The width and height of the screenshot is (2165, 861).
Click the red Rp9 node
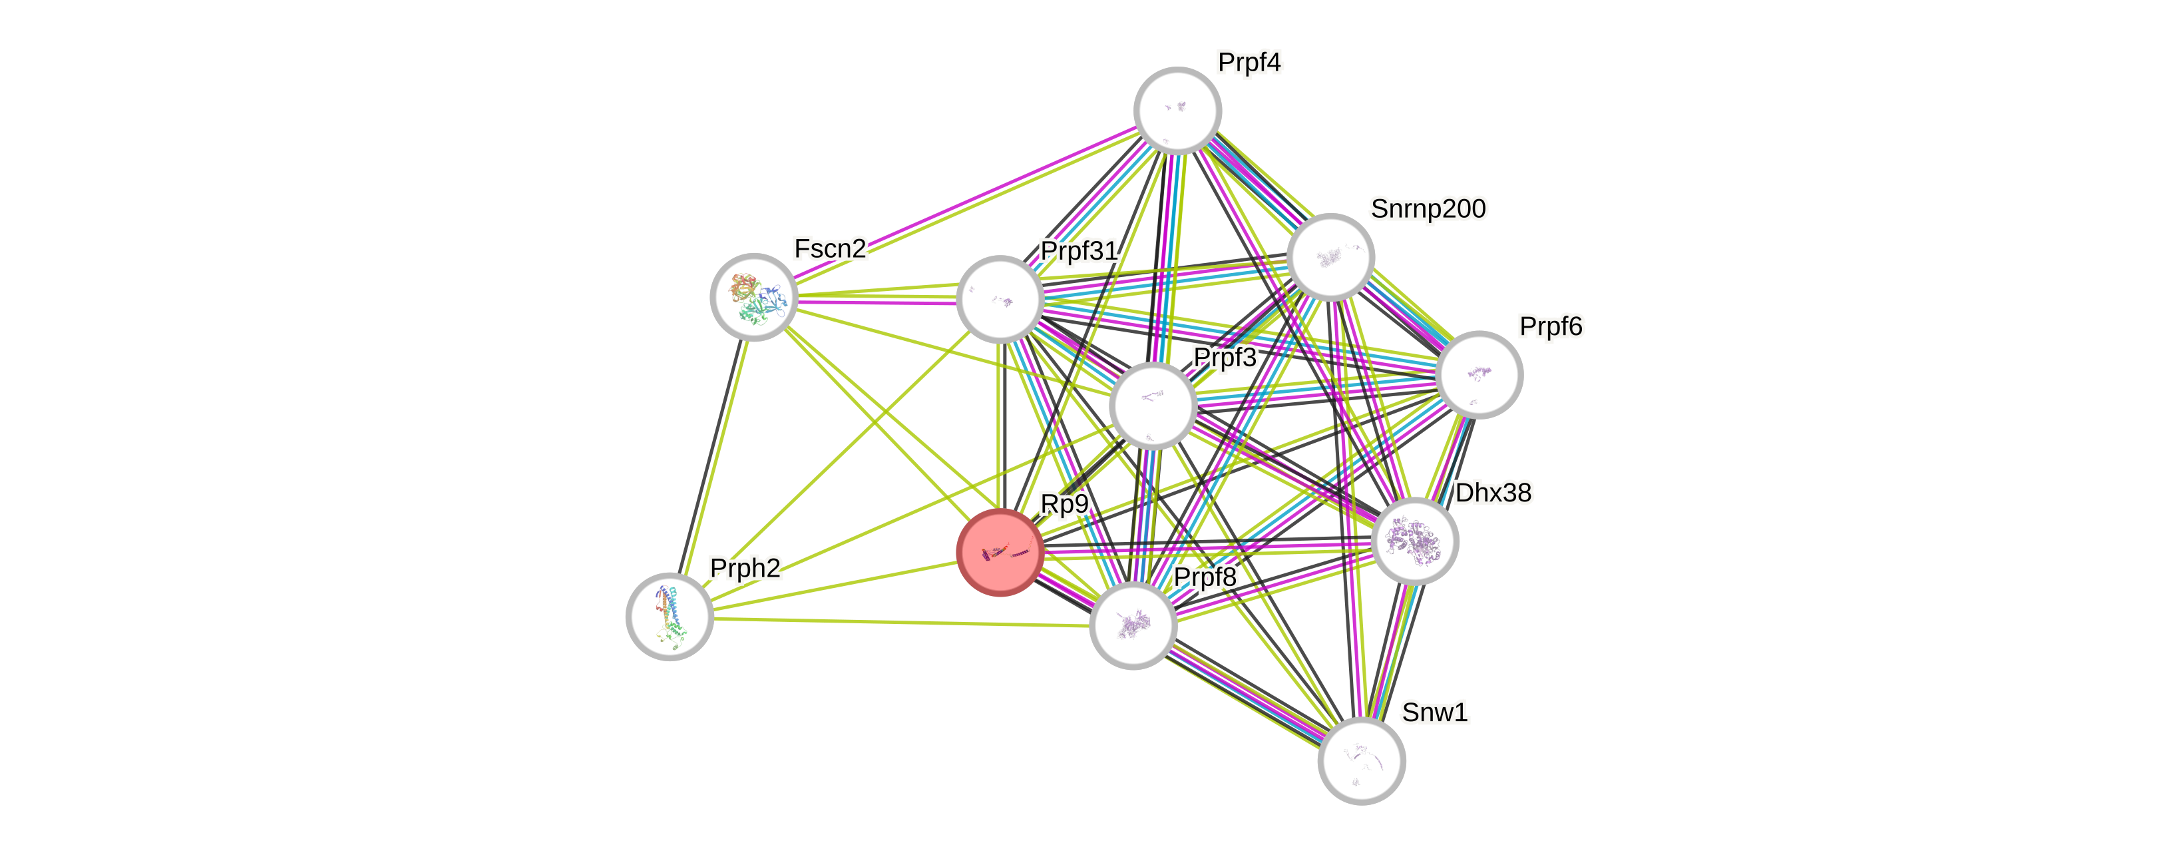(x=1000, y=553)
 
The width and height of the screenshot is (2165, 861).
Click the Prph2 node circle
(x=670, y=617)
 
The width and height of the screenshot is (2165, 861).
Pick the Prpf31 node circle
(x=1000, y=300)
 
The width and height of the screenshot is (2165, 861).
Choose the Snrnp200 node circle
(x=1330, y=256)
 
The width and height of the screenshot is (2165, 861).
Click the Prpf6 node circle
(x=1479, y=374)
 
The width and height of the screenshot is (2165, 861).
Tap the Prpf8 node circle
(x=1133, y=625)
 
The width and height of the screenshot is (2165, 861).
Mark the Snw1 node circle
(x=1362, y=761)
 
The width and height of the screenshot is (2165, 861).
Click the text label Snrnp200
(x=1428, y=208)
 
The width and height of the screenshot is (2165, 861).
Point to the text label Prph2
(x=745, y=567)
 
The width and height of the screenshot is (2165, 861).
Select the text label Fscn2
(x=829, y=249)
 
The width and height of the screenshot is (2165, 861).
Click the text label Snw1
(x=1434, y=713)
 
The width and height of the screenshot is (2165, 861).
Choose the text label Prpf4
(x=1249, y=62)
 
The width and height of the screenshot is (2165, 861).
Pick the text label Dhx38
(x=1493, y=493)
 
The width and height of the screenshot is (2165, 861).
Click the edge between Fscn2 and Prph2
(x=713, y=454)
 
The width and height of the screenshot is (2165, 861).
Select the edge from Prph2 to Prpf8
(x=899, y=621)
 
